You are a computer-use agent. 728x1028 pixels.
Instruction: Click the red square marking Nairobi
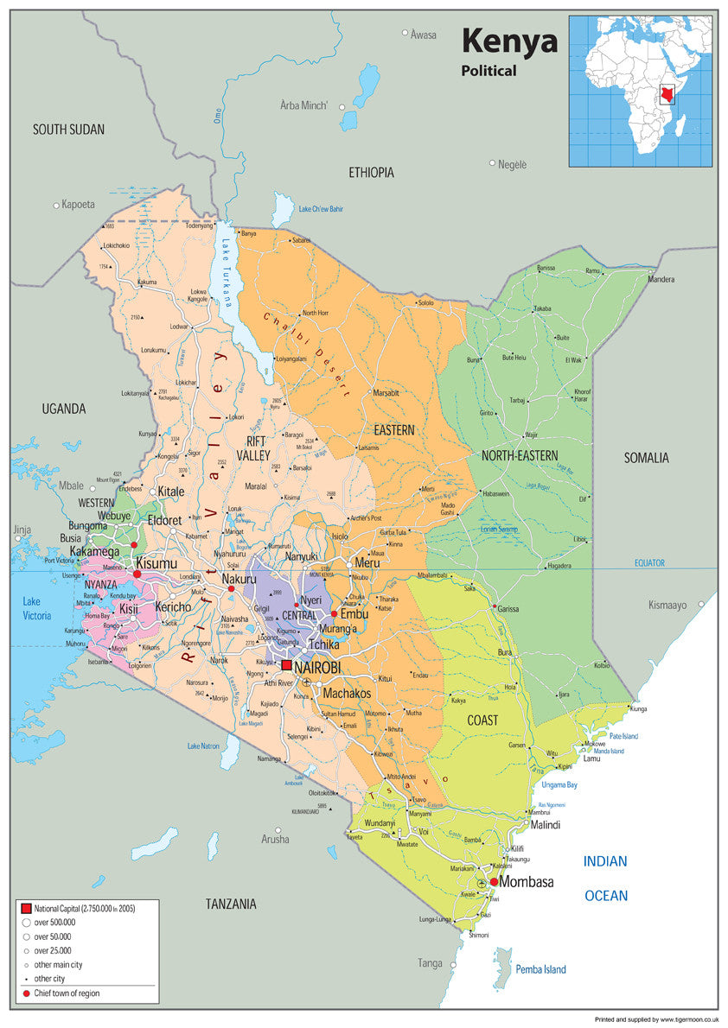click(x=286, y=666)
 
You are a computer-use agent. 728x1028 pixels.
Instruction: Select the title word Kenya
click(x=509, y=41)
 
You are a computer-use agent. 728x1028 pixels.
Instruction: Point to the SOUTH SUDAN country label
click(x=68, y=130)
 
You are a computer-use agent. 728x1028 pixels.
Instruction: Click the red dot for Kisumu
click(x=137, y=574)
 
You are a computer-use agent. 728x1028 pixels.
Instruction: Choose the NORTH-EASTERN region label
click(x=520, y=455)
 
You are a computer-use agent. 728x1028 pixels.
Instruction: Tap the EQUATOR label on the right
click(x=649, y=562)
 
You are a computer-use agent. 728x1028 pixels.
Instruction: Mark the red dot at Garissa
click(x=495, y=607)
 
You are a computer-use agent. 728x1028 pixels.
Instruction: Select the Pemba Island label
click(x=541, y=969)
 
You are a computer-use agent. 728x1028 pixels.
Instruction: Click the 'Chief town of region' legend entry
click(x=67, y=993)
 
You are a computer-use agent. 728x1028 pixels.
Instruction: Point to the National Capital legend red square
click(x=25, y=909)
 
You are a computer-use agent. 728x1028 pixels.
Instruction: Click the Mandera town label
click(x=661, y=279)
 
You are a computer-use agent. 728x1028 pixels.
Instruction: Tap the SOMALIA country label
click(x=647, y=458)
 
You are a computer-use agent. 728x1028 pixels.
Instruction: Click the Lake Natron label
click(x=205, y=746)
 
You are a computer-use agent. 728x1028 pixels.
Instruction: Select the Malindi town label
click(x=545, y=825)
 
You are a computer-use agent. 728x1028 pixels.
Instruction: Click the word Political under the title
click(x=489, y=71)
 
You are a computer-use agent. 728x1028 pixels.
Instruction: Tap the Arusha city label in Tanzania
click(x=275, y=839)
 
